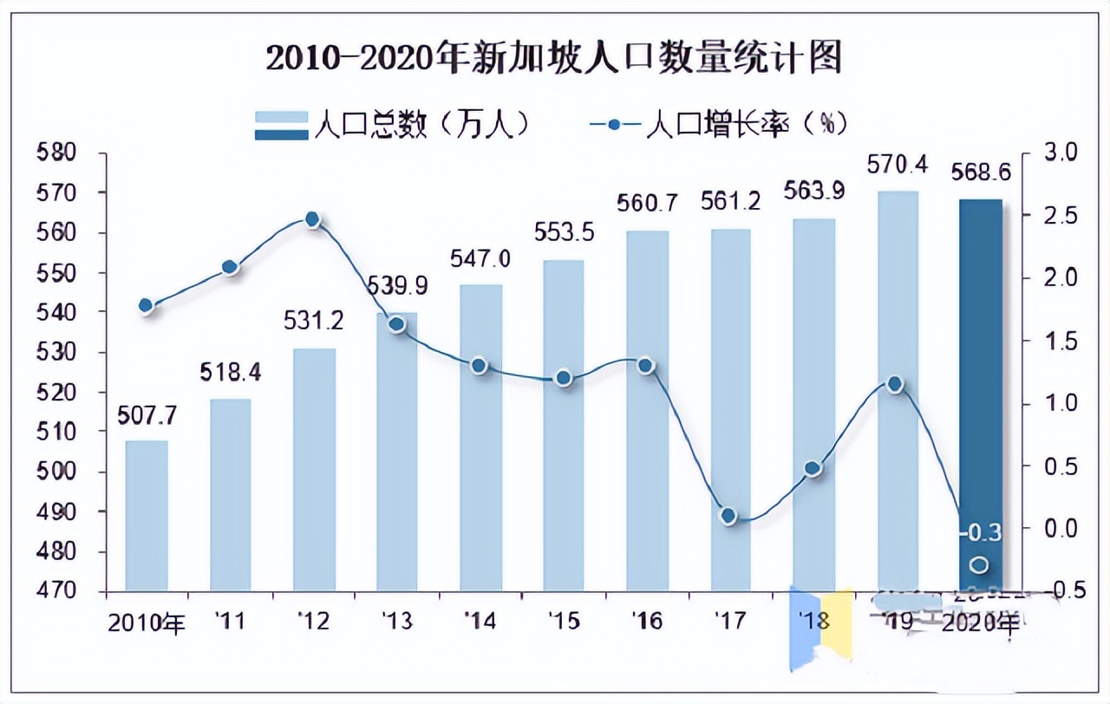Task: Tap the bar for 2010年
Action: tap(147, 516)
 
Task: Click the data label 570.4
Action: tap(896, 163)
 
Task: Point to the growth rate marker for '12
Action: tap(314, 220)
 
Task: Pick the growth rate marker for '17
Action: tap(728, 516)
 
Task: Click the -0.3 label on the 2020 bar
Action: tap(980, 531)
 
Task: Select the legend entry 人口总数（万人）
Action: tap(391, 125)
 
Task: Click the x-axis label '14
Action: tap(480, 621)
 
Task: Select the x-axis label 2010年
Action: tap(147, 623)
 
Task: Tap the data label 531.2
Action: tap(314, 321)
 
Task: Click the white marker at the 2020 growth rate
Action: tap(979, 565)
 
